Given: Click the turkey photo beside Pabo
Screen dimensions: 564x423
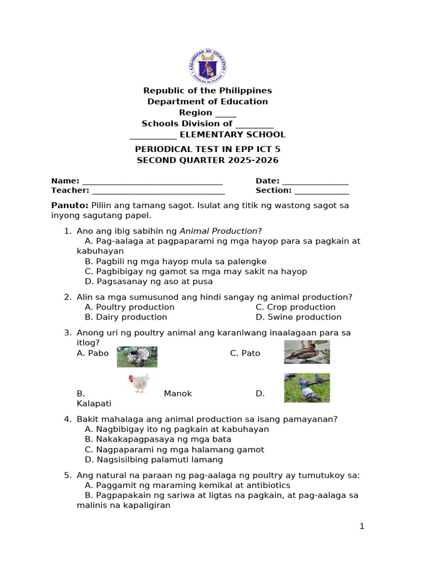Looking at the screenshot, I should point(137,356).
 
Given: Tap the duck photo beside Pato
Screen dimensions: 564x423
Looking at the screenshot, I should point(307,352).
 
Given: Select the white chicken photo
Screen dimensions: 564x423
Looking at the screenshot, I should point(138,383).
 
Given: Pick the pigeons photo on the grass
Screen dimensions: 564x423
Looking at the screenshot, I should point(307,388).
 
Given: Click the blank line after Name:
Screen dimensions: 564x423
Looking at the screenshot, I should point(153,182).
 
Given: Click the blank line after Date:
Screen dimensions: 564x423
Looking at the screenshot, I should point(316,182).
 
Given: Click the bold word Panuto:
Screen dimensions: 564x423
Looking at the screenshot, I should point(69,205).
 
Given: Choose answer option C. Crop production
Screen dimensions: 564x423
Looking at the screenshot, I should point(295,307).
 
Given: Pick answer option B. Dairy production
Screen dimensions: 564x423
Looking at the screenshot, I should point(126,317).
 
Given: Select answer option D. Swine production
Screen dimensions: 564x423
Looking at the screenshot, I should point(299,317).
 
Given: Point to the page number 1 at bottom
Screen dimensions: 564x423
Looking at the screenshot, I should point(362,527).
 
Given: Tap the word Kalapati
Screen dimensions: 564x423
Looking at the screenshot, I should point(94,404).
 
